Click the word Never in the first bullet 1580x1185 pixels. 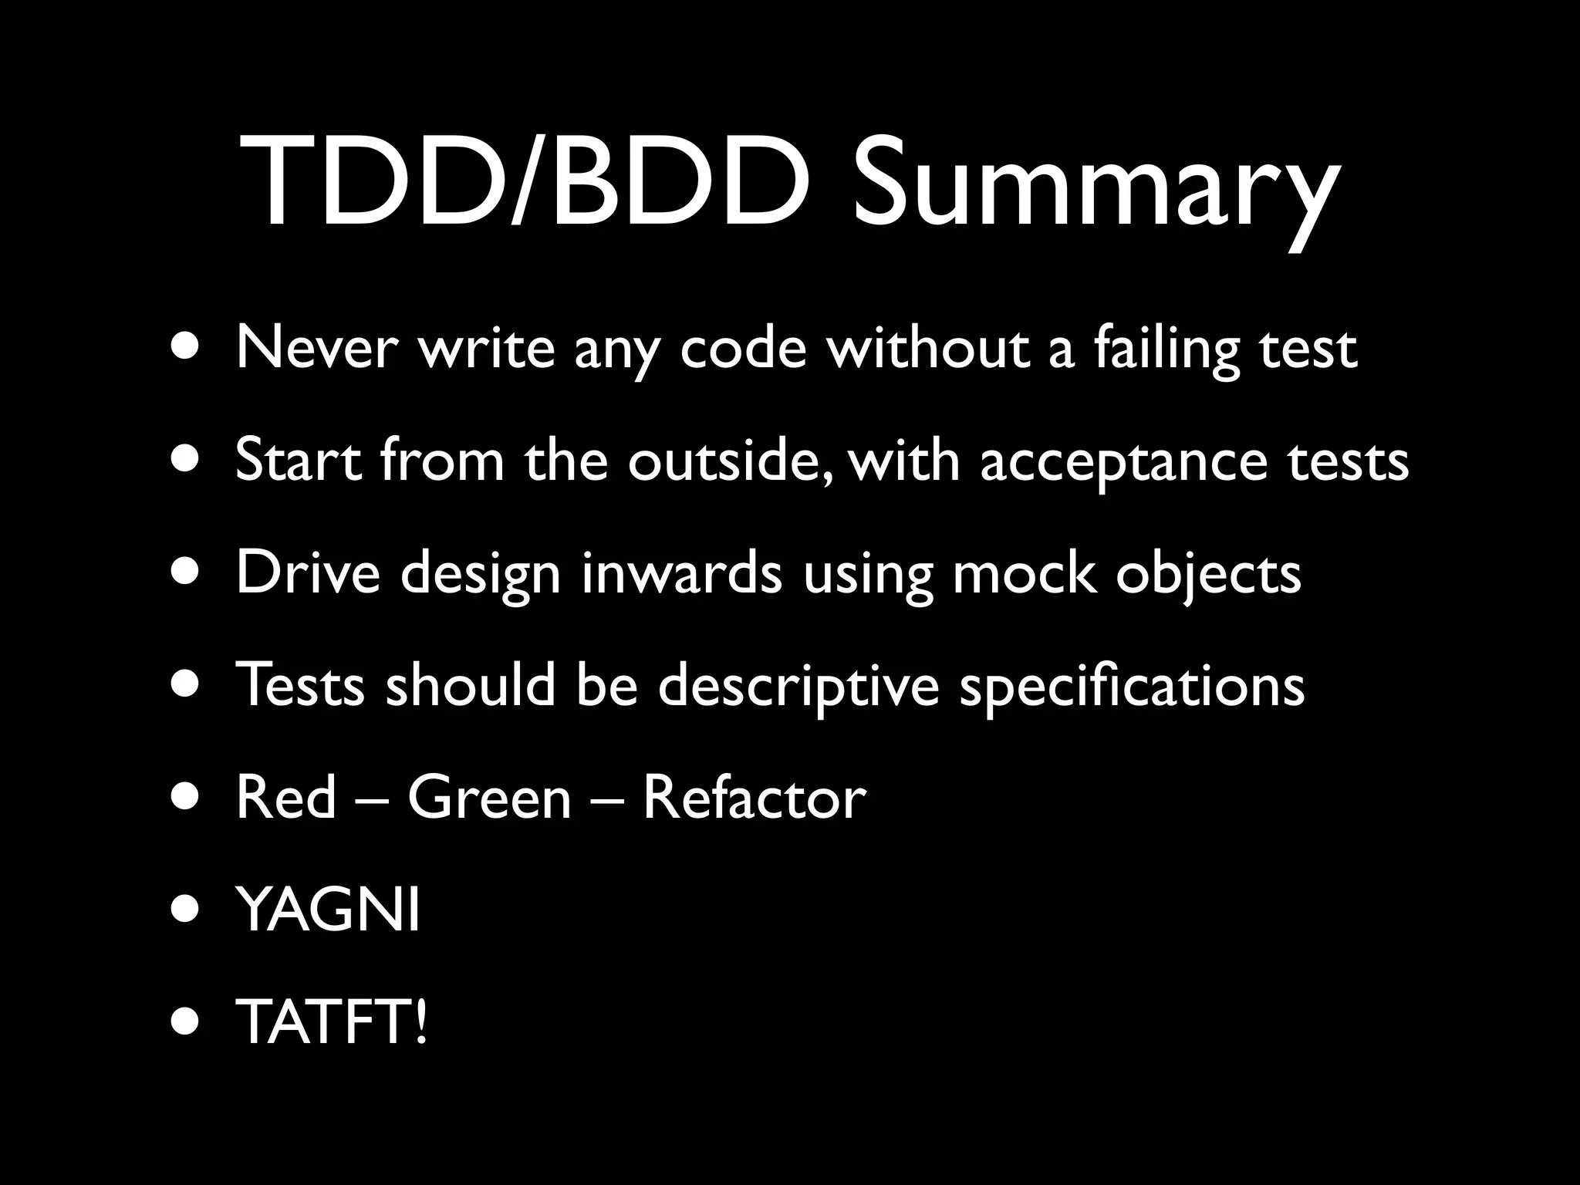pyautogui.click(x=317, y=349)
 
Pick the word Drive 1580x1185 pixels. pyautogui.click(x=308, y=573)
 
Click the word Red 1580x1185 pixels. pyautogui.click(x=286, y=798)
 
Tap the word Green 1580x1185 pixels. pyautogui.click(x=489, y=798)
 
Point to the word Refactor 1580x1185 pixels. pyautogui.click(x=754, y=798)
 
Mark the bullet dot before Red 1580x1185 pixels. pyautogui.click(x=189, y=798)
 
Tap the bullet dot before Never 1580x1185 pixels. pyautogui.click(x=189, y=349)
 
